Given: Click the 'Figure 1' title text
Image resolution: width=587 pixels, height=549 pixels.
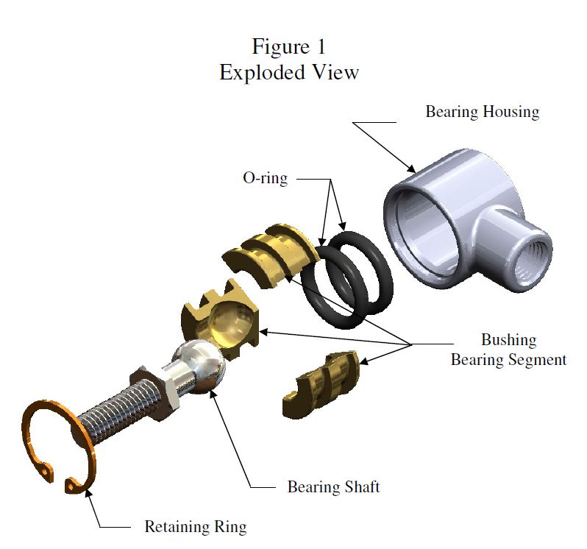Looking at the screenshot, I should click(288, 46).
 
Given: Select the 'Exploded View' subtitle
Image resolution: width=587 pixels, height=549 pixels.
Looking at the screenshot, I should click(288, 73).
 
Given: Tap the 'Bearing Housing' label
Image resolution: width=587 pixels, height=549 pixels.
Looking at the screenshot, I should click(483, 113).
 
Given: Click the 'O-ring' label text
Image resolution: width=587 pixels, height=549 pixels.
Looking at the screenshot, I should click(266, 178).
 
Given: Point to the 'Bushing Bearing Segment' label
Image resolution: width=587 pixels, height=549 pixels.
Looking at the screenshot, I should click(508, 350).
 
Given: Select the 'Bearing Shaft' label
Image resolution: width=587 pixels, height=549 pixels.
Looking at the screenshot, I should click(333, 487).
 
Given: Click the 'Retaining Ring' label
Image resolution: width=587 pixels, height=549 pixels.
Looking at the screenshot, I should click(195, 527).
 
